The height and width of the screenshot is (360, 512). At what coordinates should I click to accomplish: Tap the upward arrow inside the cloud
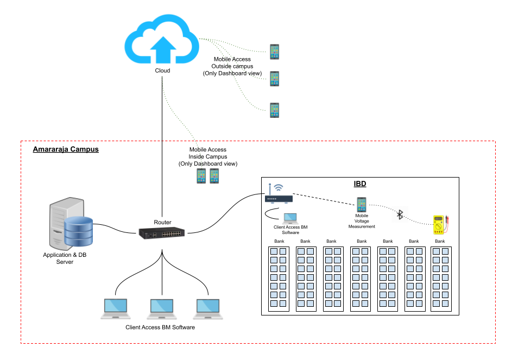pyautogui.click(x=163, y=49)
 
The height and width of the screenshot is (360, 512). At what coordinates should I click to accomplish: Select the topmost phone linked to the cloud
pyautogui.click(x=274, y=52)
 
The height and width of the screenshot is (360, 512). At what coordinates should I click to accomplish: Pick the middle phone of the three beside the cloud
pyautogui.click(x=274, y=79)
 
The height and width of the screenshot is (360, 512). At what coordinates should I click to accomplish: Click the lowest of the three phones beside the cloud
pyautogui.click(x=274, y=110)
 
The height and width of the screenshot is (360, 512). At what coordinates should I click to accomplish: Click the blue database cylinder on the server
pyautogui.click(x=79, y=231)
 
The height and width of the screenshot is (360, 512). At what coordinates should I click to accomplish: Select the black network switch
pyautogui.click(x=161, y=233)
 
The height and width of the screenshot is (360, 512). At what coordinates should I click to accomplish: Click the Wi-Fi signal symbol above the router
pyautogui.click(x=279, y=187)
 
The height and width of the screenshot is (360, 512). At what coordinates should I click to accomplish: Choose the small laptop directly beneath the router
pyautogui.click(x=290, y=218)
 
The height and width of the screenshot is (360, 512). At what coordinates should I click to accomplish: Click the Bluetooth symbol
pyautogui.click(x=400, y=214)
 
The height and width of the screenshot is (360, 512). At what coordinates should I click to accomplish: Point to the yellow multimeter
pyautogui.click(x=439, y=225)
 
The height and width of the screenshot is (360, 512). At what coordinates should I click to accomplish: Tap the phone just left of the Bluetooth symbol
pyautogui.click(x=362, y=205)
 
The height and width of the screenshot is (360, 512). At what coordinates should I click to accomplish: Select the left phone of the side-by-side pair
pyautogui.click(x=201, y=176)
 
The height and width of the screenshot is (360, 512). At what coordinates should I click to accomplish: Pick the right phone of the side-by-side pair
pyautogui.click(x=214, y=176)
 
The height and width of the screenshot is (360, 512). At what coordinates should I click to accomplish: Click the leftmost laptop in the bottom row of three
pyautogui.click(x=116, y=308)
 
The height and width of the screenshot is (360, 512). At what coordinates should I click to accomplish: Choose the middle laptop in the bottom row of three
pyautogui.click(x=162, y=309)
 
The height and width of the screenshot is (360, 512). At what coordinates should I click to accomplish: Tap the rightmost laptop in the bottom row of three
pyautogui.click(x=208, y=309)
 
